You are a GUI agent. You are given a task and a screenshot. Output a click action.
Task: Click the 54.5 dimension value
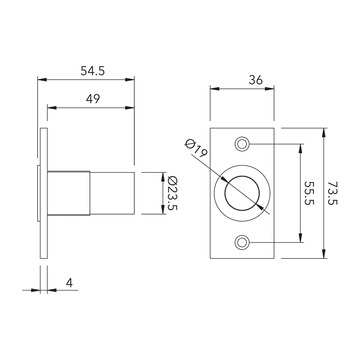(93, 71)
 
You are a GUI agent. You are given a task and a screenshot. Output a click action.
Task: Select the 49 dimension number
(93, 99)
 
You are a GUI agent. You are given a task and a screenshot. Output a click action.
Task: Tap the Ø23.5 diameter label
(172, 193)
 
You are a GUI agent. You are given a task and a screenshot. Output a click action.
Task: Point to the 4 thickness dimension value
(69, 283)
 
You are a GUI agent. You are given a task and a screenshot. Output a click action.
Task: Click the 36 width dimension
(256, 80)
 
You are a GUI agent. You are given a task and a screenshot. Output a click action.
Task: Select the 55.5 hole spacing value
(309, 193)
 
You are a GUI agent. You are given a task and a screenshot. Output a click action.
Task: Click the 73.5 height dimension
(332, 193)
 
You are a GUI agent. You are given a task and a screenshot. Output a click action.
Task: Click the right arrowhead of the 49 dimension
(130, 108)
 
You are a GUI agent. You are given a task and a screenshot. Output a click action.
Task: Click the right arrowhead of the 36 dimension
(270, 89)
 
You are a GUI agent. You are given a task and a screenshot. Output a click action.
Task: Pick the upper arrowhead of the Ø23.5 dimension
(163, 177)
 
